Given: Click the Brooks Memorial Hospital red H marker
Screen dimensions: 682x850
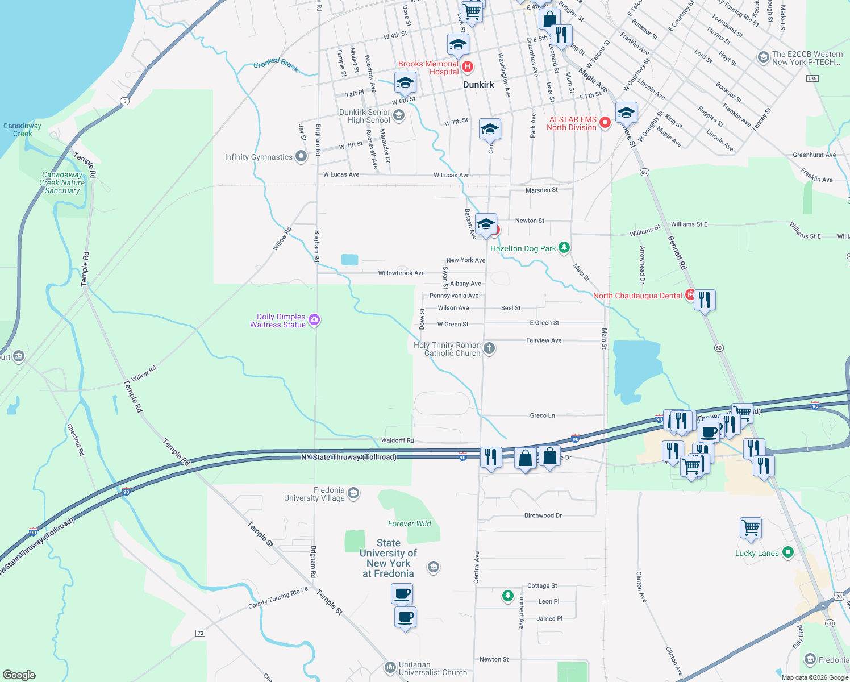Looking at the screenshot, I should click(x=468, y=67).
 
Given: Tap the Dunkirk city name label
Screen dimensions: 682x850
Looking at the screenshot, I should click(x=478, y=85).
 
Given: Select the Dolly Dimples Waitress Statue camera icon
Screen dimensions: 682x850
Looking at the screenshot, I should click(x=314, y=321).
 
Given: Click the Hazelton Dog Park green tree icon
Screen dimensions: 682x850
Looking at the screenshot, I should click(x=564, y=247).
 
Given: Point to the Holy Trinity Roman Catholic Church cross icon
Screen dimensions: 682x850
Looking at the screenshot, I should click(x=489, y=348).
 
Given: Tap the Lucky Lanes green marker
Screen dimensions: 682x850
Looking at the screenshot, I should click(x=788, y=552).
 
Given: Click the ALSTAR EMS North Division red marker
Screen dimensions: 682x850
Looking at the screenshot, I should click(x=605, y=122).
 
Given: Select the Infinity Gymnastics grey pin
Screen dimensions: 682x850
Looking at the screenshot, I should click(x=301, y=156).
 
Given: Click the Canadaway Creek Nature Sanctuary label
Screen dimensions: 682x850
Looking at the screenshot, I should click(x=62, y=182).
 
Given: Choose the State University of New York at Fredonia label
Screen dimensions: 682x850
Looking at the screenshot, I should click(x=389, y=558).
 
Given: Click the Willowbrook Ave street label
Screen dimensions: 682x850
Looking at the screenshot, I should click(x=401, y=273).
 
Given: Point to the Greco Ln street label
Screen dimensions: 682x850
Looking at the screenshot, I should click(x=542, y=415).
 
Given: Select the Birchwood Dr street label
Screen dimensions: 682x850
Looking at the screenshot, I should click(x=543, y=515).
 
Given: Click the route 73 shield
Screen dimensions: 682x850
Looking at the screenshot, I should click(x=200, y=633).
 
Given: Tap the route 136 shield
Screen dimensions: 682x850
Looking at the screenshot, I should click(x=812, y=78).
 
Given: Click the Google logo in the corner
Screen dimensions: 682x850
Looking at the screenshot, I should click(x=19, y=675).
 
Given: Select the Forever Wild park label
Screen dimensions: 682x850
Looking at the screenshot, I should click(x=409, y=523).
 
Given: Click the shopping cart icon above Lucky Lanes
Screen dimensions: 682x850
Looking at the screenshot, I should click(x=751, y=527).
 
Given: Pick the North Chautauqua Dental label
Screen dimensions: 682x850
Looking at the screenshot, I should click(x=637, y=296).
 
